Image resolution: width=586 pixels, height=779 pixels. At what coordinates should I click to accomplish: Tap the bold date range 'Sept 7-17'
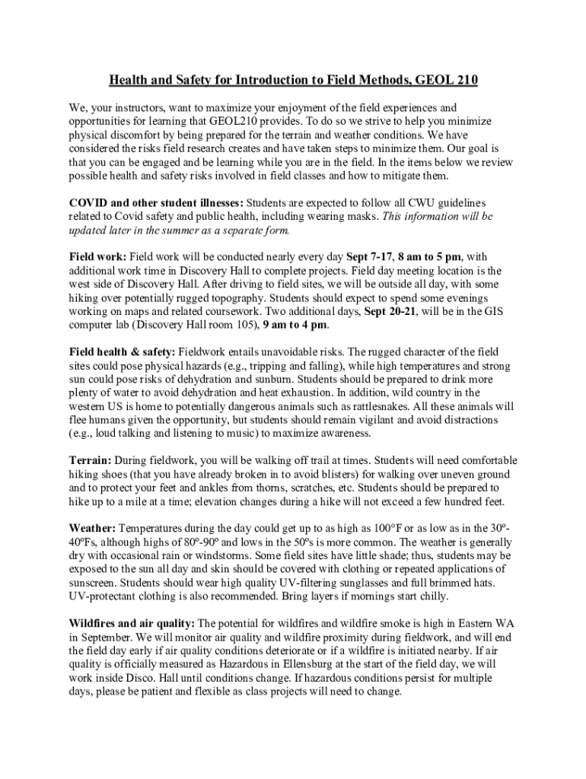tap(370, 256)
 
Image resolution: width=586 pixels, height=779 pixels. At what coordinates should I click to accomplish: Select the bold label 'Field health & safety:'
tap(123, 351)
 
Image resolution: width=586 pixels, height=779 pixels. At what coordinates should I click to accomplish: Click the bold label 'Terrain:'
tap(91, 460)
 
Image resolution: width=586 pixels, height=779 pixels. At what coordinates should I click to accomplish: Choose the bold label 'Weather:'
tap(92, 528)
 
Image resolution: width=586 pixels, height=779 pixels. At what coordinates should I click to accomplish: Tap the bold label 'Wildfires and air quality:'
tap(132, 623)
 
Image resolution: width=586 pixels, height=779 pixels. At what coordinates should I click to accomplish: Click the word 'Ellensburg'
tap(281, 664)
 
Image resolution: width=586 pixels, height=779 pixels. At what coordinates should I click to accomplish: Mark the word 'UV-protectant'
tap(104, 596)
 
